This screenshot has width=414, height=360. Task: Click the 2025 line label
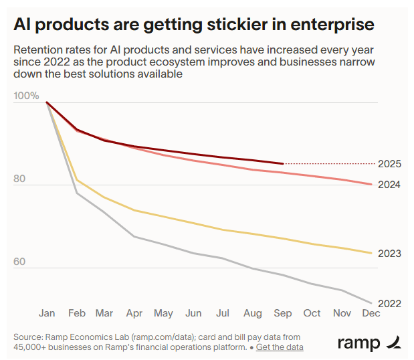389,163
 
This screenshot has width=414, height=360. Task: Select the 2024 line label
389,184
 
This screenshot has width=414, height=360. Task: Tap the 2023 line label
389,253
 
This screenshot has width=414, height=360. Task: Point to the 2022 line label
389,303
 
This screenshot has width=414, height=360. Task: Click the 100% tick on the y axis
26,96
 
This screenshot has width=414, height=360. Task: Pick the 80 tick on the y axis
19,179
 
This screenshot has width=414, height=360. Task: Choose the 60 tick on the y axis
19,262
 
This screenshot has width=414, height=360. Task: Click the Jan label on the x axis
47,313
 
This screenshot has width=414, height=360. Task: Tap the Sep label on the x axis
283,313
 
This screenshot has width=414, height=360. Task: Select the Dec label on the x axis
371,313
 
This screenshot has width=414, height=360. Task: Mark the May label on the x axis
163,313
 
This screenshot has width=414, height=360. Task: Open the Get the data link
280,347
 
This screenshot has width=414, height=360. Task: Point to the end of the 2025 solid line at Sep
283,163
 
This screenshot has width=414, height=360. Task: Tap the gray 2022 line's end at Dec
371,302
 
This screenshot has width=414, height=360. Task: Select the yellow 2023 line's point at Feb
76,179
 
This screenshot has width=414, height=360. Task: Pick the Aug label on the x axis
253,313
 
